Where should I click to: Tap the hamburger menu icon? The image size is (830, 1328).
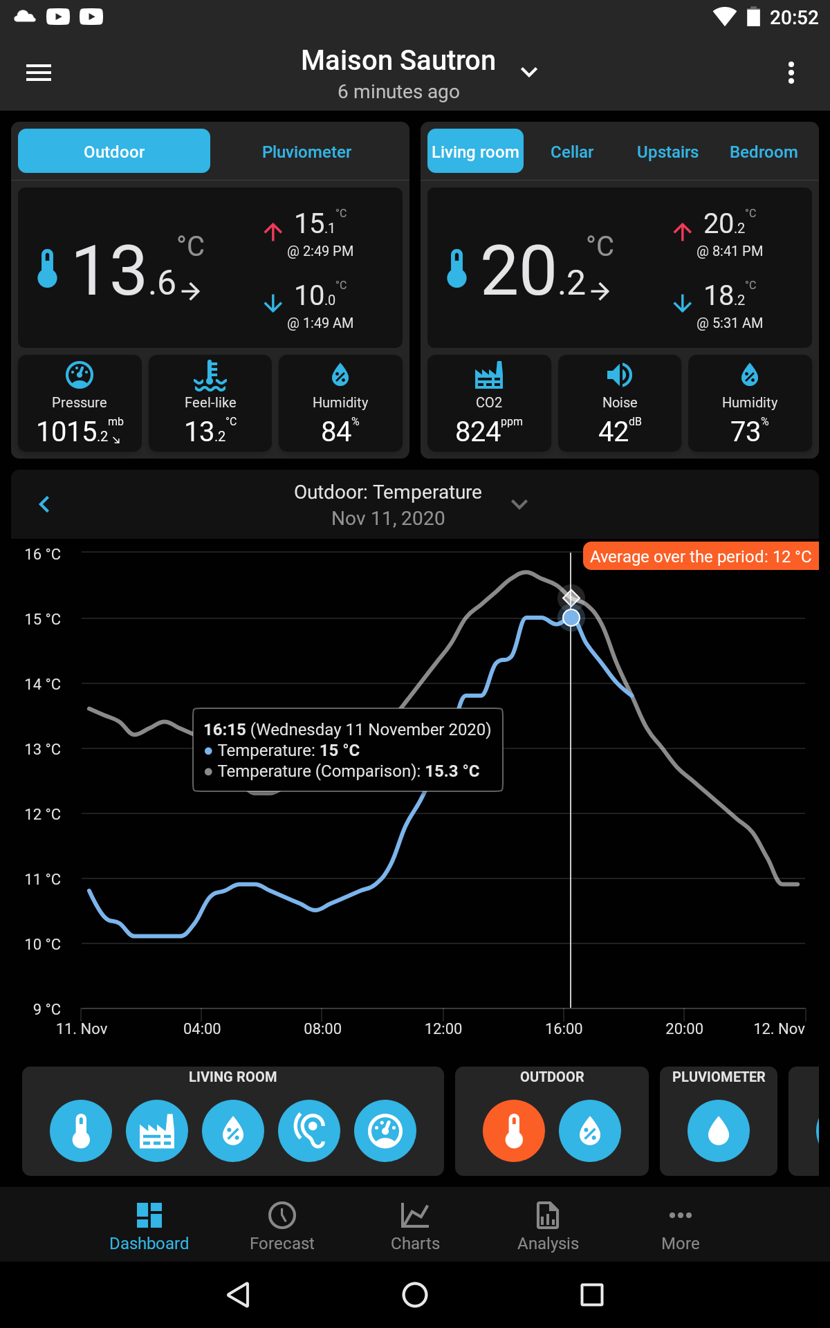(39, 73)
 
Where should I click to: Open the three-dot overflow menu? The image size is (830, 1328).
(791, 73)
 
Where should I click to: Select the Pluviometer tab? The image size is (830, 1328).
(306, 151)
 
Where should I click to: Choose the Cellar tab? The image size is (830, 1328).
(571, 151)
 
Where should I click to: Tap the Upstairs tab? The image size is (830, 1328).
(667, 151)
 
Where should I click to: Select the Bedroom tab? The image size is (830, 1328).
(764, 151)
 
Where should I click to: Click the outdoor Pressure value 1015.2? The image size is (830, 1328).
(75, 432)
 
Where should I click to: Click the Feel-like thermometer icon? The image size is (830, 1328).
(210, 375)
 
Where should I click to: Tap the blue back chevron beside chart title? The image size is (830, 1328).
(45, 504)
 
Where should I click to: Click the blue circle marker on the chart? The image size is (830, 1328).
(571, 618)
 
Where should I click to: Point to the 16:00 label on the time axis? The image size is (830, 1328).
(564, 1029)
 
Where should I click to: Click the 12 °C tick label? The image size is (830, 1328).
(43, 814)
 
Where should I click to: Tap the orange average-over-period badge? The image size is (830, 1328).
(700, 557)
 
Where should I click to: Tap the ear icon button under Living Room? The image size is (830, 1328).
(309, 1131)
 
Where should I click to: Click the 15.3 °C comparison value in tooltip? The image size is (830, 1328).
(452, 771)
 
